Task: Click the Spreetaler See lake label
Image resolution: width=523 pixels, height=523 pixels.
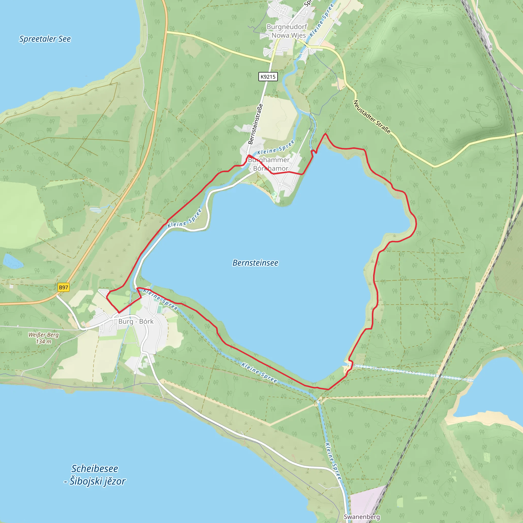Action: (x=45, y=39)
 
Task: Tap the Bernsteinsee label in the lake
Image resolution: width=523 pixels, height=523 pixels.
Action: (x=255, y=263)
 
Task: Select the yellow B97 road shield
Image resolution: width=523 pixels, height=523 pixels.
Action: (x=64, y=287)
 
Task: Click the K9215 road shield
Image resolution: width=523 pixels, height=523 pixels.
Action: (x=268, y=77)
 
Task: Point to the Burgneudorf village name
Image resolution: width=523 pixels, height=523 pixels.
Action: (x=287, y=27)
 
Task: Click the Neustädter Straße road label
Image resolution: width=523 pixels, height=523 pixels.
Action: (x=372, y=117)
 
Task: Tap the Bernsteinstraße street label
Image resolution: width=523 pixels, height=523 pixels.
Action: (x=255, y=124)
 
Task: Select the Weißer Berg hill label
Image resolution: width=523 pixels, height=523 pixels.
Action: (x=44, y=335)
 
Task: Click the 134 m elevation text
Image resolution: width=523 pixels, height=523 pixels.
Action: (x=44, y=342)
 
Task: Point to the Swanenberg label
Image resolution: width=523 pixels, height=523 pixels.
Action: (x=362, y=517)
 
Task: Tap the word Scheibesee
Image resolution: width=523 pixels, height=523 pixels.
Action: (x=95, y=469)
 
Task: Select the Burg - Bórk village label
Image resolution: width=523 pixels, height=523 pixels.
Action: (x=136, y=321)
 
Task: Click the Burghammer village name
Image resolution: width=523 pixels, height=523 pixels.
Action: (x=269, y=160)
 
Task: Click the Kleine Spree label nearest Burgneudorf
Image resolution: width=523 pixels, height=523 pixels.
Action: (x=322, y=20)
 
